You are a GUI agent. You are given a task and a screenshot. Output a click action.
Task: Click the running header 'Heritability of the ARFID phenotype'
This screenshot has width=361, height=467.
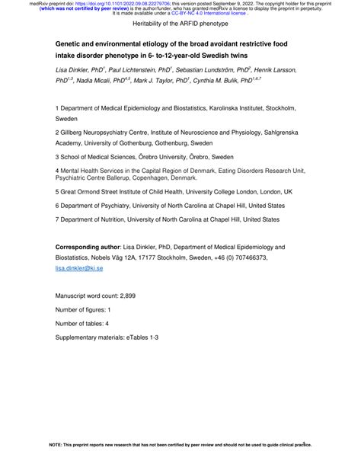pos(180,25)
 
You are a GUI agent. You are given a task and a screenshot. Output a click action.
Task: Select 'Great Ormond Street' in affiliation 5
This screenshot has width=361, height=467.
pos(96,192)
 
